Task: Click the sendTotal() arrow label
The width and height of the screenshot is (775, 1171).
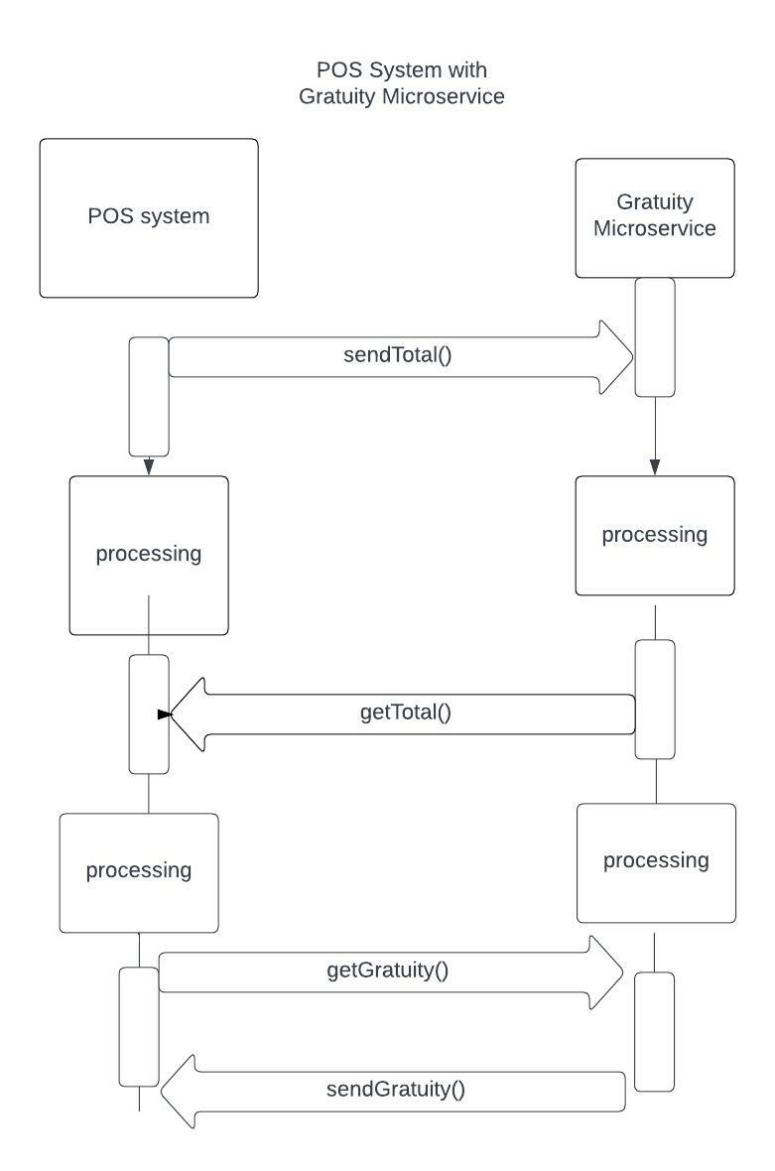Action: coord(397,354)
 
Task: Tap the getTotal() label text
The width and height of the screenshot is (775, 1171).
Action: coord(406,713)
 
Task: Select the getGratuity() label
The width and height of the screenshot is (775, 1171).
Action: coord(387,971)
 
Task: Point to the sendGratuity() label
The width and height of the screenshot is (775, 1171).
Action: coord(396,1089)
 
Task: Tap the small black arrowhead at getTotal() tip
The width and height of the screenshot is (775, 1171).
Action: coord(165,715)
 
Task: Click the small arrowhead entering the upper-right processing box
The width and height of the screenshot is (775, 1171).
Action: coord(655,467)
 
